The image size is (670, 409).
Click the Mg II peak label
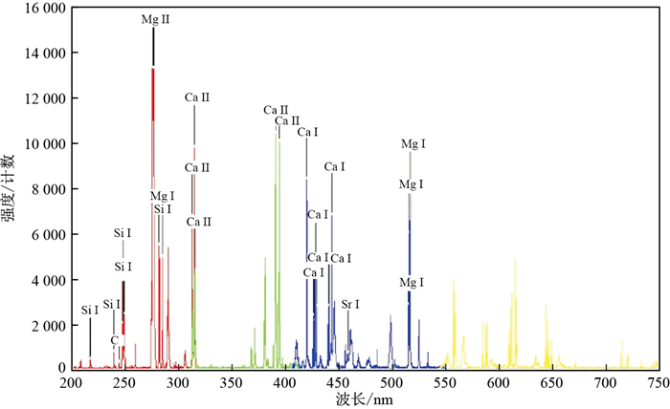pyautogui.click(x=154, y=19)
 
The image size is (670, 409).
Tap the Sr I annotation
pyautogui.click(x=351, y=304)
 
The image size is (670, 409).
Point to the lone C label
pyautogui.click(x=114, y=340)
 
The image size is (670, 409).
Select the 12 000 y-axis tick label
pyautogui.click(x=41, y=98)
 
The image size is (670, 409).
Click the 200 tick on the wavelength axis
pyautogui.click(x=71, y=382)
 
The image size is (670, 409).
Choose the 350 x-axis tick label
pyautogui.click(x=231, y=382)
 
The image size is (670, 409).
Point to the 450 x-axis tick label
pyautogui.click(x=338, y=382)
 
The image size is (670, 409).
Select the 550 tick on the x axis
pyautogui.click(x=444, y=382)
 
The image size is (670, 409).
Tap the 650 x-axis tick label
pyautogui.click(x=551, y=382)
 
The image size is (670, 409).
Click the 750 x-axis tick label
pyautogui.click(x=658, y=382)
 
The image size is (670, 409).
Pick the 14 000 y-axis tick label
pyautogui.click(x=41, y=53)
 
